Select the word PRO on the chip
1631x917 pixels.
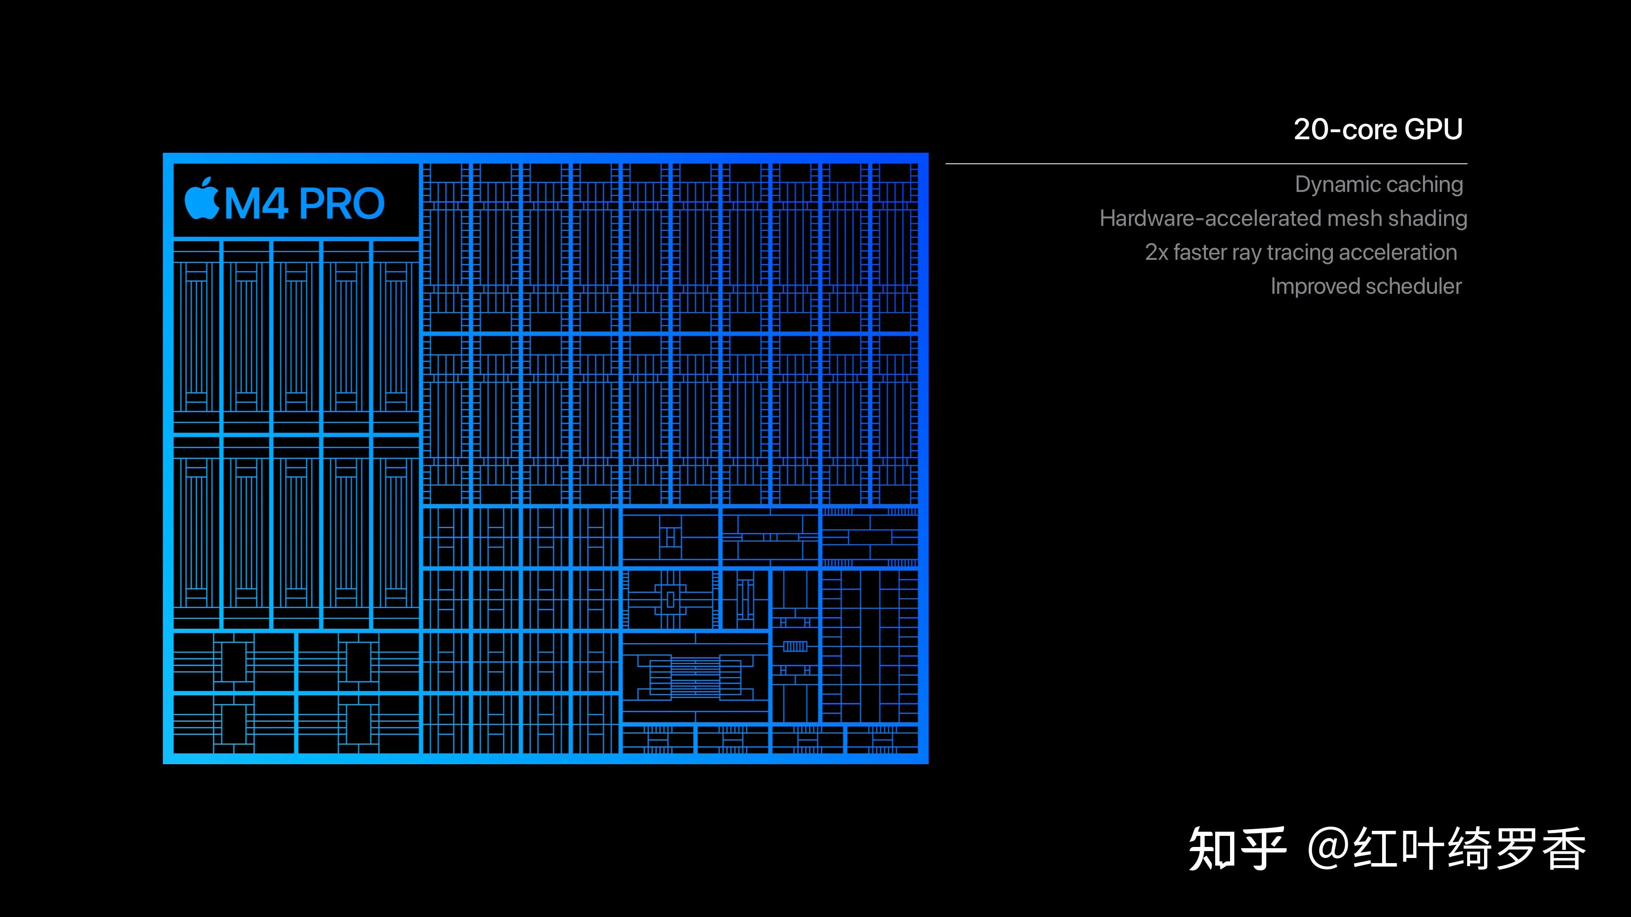pos(341,204)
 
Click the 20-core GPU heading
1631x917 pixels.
pos(1378,130)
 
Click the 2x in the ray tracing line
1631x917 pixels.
pos(1156,253)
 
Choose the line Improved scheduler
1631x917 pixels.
pos(1366,286)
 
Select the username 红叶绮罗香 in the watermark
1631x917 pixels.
pos(1469,849)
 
